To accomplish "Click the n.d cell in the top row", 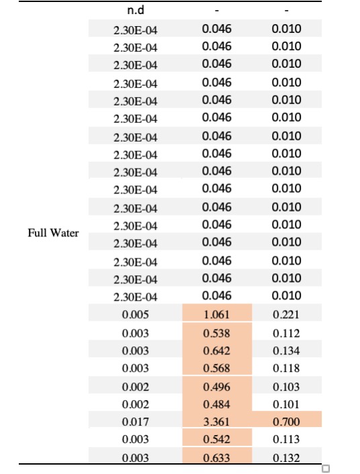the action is [136, 11].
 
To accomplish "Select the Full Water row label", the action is [53, 233].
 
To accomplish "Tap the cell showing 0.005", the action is [136, 315].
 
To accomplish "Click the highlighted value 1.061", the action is [217, 315].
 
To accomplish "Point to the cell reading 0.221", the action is [286, 315].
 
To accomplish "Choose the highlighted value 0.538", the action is [217, 334].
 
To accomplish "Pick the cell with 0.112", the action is [286, 334].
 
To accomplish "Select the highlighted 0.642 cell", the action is [217, 351].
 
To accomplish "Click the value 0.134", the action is [286, 351].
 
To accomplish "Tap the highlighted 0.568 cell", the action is [217, 368].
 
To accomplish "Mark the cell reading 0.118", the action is [286, 368].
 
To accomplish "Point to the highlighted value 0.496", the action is [217, 387].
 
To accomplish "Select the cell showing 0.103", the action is [286, 387].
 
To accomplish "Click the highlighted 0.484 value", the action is [217, 404].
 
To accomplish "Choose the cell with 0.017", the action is [136, 422].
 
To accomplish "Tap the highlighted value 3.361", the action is [217, 422].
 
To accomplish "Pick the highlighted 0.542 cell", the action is [217, 439].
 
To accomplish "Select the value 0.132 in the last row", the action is [286, 459].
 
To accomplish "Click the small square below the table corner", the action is [326, 469].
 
